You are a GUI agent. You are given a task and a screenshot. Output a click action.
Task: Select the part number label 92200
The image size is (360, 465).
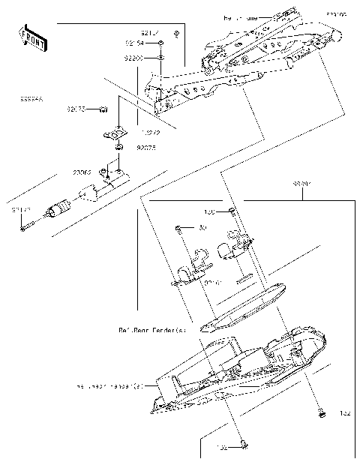pyautogui.click(x=135, y=57)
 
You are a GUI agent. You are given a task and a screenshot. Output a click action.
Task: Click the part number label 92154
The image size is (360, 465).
pyautogui.click(x=135, y=43)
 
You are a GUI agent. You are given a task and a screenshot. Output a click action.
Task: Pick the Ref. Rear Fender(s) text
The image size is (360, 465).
pyautogui.click(x=151, y=328)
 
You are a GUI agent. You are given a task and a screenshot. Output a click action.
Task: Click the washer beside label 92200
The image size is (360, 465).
pyautogui.click(x=161, y=57)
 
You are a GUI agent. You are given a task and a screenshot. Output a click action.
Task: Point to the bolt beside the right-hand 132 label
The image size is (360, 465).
pyautogui.click(x=321, y=412)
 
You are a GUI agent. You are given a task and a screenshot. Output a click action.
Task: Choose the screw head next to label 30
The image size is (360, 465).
pyautogui.click(x=178, y=228)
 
